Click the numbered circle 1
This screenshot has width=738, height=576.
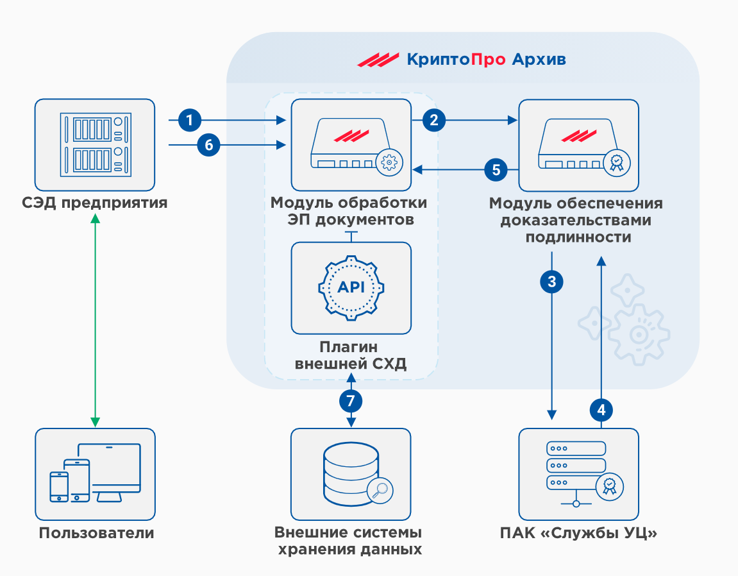click(190, 119)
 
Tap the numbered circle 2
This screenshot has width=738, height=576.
click(435, 119)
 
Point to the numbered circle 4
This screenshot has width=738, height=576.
click(601, 409)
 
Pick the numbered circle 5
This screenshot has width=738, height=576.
click(495, 169)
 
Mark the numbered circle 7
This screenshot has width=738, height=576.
click(351, 402)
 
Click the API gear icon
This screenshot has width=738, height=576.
click(351, 287)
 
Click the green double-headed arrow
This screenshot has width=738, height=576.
click(95, 321)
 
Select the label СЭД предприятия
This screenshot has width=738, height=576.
click(94, 204)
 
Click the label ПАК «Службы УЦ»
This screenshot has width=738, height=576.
click(579, 533)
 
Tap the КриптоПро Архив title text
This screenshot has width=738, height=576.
click(486, 60)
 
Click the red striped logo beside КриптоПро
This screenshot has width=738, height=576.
click(378, 60)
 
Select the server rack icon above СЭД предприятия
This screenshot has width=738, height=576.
click(94, 144)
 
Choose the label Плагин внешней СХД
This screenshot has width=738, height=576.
click(351, 356)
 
